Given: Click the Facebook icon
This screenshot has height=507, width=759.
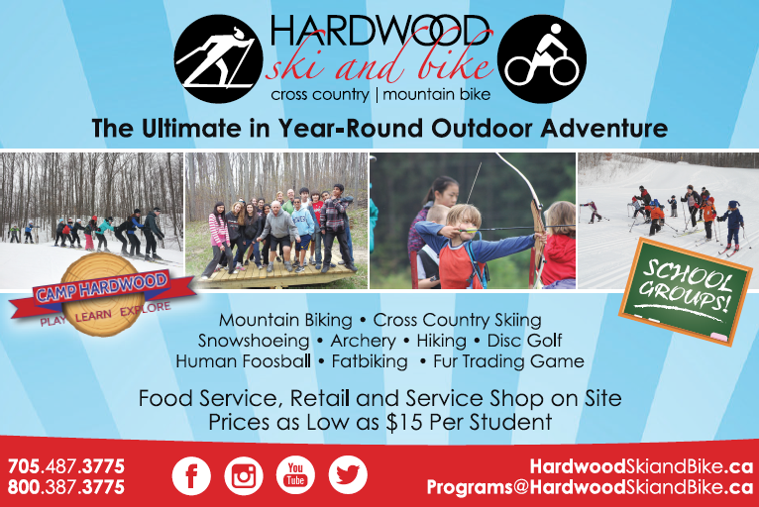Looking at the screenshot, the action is tap(191, 475).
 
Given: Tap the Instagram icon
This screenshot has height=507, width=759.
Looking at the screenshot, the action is tap(244, 475).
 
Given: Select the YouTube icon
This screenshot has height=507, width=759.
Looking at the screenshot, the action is tap(295, 475).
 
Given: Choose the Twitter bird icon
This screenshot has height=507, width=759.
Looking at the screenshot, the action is tap(348, 475).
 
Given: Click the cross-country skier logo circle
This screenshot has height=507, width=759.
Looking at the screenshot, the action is tap(218, 58).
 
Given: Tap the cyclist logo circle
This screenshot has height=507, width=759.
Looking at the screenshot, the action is tap(542, 58).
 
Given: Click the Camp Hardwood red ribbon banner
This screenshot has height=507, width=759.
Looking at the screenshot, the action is tap(102, 293).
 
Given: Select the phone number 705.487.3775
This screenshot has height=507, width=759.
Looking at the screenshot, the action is tap(66, 466).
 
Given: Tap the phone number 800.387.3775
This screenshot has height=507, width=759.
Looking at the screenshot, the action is tap(66, 486).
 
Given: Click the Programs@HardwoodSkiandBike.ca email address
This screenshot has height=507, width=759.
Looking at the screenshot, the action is tap(590, 486).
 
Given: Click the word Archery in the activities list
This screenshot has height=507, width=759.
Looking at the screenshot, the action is tap(363, 341).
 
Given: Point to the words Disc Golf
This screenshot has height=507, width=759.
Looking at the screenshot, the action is tap(525, 341).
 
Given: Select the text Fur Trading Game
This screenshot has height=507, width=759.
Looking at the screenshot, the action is tap(508, 361).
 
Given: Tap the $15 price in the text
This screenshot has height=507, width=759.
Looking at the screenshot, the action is tap(404, 423).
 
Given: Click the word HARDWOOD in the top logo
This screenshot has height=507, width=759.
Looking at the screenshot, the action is tap(379, 30).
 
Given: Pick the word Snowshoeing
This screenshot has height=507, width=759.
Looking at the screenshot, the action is tap(254, 341).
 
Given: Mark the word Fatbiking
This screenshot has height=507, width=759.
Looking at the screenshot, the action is tap(370, 361).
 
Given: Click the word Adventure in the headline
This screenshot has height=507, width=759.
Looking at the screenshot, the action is tap(604, 128).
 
